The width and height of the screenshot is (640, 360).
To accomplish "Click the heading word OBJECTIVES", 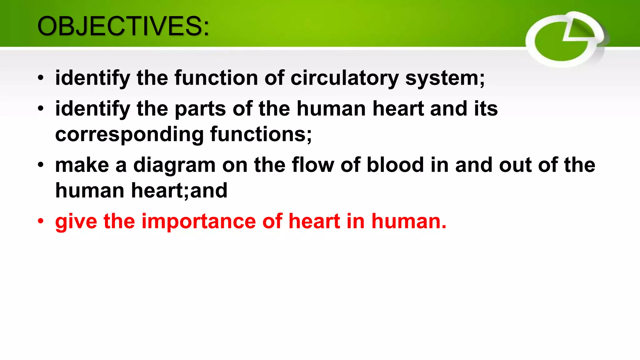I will tap(123, 26).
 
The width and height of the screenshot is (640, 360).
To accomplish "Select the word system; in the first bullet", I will tap(445, 78).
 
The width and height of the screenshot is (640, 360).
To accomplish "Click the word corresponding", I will tap(129, 134).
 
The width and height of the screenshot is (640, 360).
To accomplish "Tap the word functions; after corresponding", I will tap(261, 134).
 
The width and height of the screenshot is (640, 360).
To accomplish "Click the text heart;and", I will tap(179, 191).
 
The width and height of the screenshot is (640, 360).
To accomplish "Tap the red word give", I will tap(76, 222).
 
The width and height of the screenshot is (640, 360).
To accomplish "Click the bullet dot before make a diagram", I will tap(41, 165).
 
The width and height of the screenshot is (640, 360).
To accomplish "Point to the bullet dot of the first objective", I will tap(41, 78).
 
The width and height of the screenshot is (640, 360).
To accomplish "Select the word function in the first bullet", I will tap(216, 78).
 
